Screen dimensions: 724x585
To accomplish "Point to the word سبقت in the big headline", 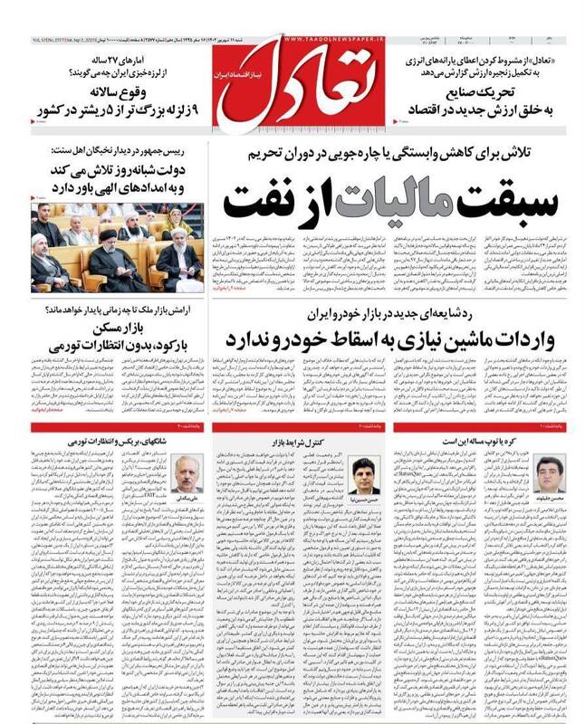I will tap(490, 196).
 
